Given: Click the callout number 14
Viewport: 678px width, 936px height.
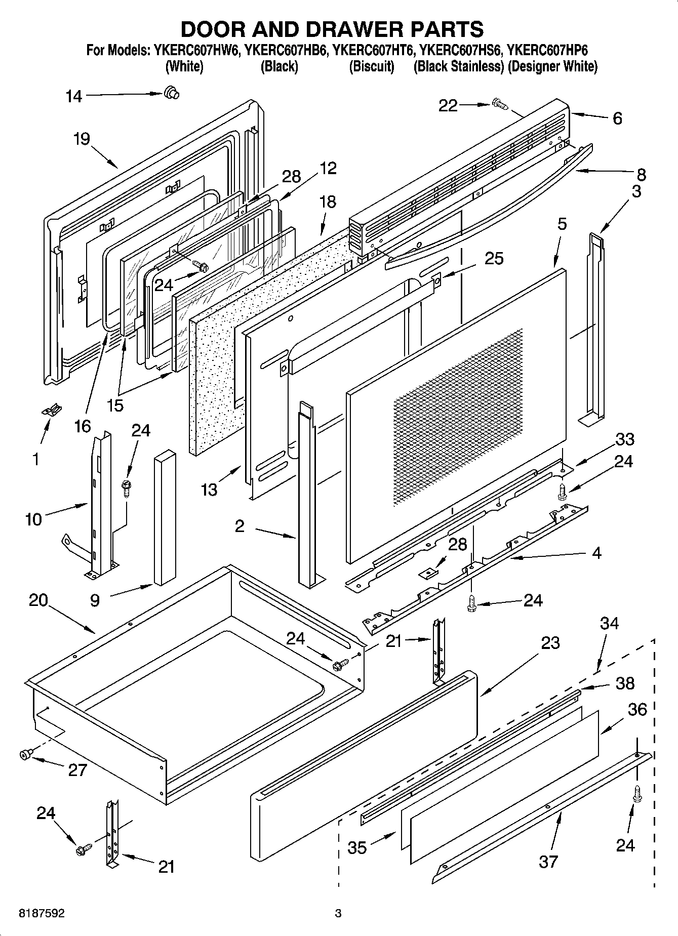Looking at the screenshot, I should (x=74, y=96).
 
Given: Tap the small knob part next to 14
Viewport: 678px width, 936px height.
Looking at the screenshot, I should (x=171, y=93).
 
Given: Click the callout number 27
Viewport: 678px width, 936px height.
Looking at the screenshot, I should (x=77, y=770).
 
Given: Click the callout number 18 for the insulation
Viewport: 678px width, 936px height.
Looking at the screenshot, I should (x=328, y=201).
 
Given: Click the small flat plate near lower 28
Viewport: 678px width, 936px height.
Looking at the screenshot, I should (x=429, y=572).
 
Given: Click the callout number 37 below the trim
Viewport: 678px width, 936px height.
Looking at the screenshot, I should (x=548, y=861).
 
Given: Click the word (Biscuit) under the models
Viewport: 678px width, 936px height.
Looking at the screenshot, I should (x=372, y=66).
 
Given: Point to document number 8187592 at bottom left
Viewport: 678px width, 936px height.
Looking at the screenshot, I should (x=42, y=914).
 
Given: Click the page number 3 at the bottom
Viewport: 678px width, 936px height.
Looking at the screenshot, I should (x=338, y=914).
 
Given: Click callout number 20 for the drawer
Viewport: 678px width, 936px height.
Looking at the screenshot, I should (x=38, y=600).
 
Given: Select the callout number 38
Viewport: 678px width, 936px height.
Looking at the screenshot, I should (x=624, y=683).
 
